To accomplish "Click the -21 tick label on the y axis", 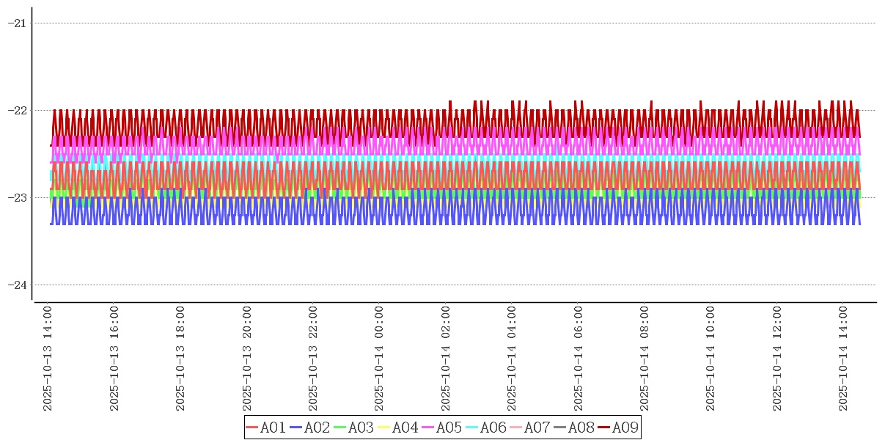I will [17, 23].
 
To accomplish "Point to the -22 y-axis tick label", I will [17, 110].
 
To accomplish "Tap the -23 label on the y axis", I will [17, 197].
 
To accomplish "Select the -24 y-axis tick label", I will [17, 285].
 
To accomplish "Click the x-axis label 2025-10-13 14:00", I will [48, 359].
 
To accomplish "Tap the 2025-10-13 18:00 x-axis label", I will [181, 359].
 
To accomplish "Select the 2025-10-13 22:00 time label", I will [314, 359].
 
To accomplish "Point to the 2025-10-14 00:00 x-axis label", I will [380, 359].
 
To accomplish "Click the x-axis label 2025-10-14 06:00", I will [579, 359].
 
